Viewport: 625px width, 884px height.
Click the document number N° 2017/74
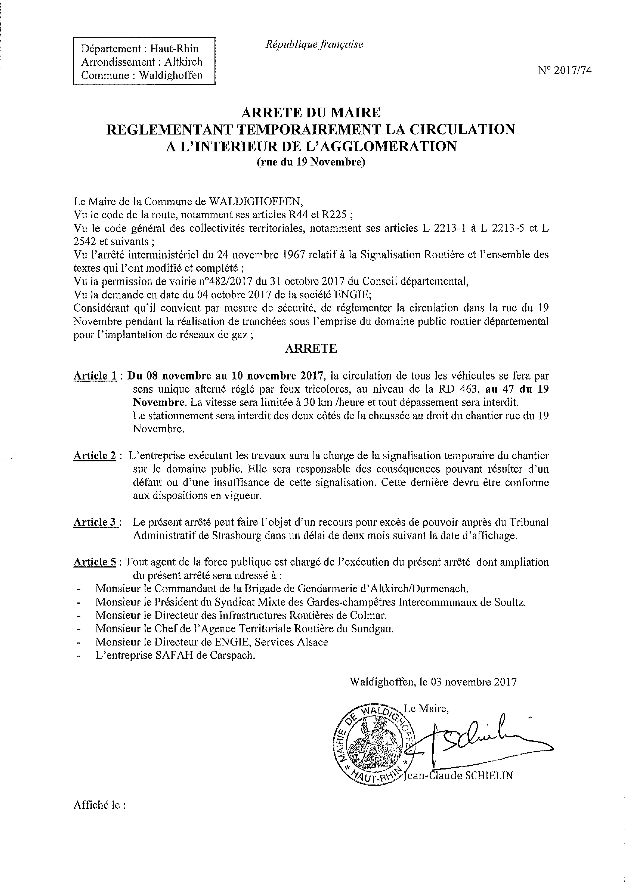coord(565,70)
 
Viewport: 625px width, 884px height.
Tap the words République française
coord(314,45)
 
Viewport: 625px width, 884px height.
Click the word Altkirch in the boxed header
coord(183,62)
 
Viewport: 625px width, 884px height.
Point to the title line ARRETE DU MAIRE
coord(311,112)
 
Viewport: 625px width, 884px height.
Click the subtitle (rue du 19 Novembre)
coord(311,162)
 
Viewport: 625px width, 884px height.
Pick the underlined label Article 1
coord(95,376)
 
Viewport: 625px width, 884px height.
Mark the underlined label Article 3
coord(95,522)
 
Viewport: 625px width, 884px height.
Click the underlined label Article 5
coord(95,562)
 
